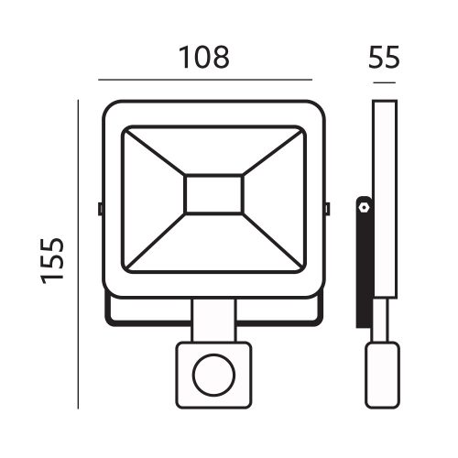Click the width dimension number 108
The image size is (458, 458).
click(x=203, y=57)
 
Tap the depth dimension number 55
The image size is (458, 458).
click(x=385, y=57)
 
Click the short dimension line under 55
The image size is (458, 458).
click(x=385, y=85)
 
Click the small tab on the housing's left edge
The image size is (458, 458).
click(x=99, y=209)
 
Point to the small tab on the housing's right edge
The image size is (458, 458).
click(x=327, y=209)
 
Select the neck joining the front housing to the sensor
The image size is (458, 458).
click(x=214, y=322)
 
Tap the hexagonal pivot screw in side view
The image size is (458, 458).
click(x=364, y=208)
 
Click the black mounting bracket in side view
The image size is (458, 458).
click(x=364, y=266)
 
